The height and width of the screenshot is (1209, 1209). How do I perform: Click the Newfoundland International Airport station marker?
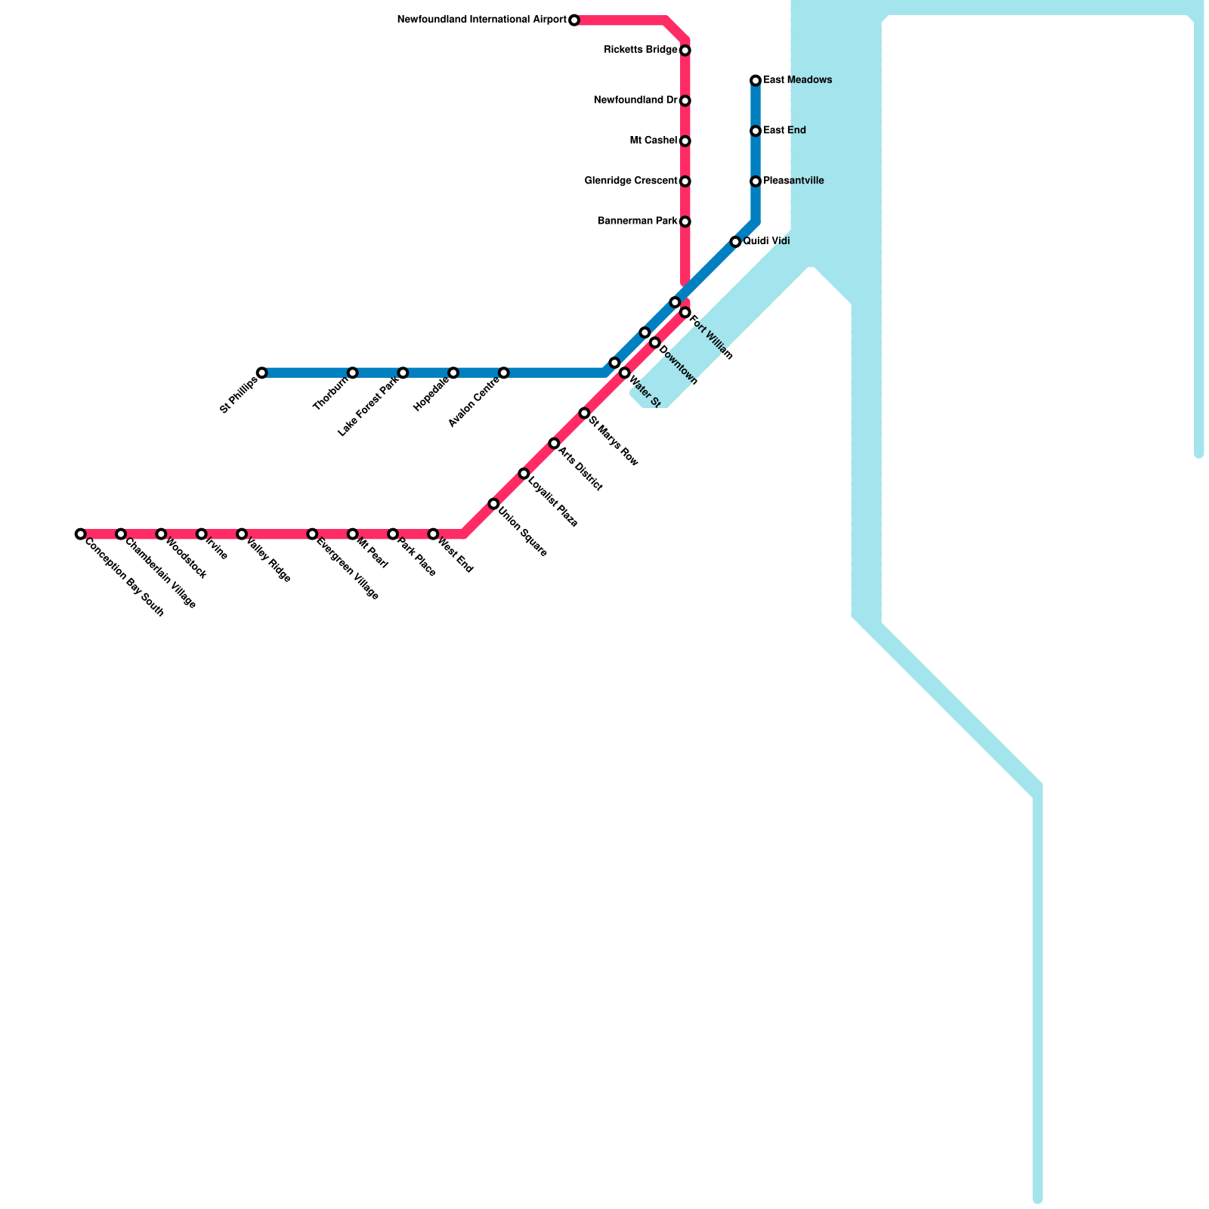[x=574, y=20]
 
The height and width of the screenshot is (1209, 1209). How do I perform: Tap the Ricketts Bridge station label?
[x=641, y=51]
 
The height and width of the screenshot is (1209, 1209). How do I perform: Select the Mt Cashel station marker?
[x=685, y=141]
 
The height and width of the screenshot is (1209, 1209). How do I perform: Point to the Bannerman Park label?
[x=637, y=221]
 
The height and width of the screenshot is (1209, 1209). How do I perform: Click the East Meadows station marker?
[x=756, y=81]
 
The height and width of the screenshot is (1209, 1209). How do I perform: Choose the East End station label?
[x=784, y=131]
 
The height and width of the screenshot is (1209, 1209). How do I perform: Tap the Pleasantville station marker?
[x=756, y=181]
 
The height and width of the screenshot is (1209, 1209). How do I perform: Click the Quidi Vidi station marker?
[x=735, y=242]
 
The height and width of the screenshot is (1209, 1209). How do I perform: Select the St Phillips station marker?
[x=261, y=373]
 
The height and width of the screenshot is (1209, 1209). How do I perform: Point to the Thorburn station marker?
[x=352, y=373]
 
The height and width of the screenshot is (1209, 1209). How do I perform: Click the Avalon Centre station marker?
[x=503, y=373]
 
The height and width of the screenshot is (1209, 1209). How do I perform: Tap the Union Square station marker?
[x=493, y=504]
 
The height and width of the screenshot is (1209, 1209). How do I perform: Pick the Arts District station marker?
[x=554, y=444]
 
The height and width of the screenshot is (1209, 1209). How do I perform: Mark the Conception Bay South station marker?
[x=80, y=534]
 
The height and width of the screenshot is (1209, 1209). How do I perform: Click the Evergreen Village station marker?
[x=312, y=534]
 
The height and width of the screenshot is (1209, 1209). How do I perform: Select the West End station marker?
[x=433, y=534]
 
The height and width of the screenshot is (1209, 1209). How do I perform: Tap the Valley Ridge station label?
[x=268, y=561]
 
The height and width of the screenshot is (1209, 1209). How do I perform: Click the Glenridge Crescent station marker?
[x=685, y=181]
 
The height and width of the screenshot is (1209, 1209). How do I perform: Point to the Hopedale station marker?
[x=453, y=373]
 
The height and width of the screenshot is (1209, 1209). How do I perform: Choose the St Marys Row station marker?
[x=584, y=413]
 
